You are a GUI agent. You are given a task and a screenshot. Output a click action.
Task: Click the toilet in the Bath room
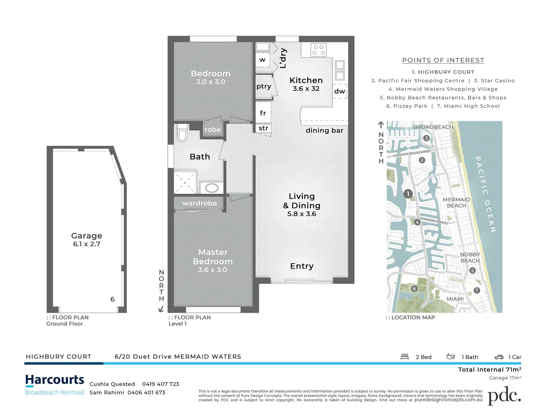[182, 134]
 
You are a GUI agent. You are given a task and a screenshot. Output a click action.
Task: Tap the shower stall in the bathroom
[185, 183]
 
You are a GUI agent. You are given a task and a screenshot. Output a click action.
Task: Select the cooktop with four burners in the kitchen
[318, 50]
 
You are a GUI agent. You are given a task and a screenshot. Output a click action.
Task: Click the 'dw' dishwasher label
[339, 91]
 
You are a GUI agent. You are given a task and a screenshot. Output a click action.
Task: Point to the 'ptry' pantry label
[264, 86]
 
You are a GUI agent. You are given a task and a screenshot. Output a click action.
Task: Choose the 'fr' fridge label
[263, 113]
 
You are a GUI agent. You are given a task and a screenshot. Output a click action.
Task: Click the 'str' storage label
[263, 128]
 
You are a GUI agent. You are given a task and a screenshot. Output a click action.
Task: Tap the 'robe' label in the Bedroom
[213, 130]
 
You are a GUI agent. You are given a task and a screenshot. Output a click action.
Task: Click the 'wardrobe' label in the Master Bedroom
[200, 203]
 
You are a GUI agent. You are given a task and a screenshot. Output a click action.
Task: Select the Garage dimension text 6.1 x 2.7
[87, 244]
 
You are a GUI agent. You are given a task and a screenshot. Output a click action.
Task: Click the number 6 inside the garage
[113, 299]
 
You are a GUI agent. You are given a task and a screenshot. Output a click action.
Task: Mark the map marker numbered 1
[408, 194]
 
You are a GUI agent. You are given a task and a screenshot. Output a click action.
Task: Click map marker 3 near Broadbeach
[426, 138]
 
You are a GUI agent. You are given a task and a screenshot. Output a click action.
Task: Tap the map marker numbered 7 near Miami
[476, 290]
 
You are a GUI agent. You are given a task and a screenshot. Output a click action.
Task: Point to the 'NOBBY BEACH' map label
[470, 257]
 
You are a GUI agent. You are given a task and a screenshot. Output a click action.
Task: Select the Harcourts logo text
[55, 380]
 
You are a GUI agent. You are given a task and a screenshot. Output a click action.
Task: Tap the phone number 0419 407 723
[160, 384]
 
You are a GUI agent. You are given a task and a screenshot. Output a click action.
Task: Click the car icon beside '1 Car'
[499, 357]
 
